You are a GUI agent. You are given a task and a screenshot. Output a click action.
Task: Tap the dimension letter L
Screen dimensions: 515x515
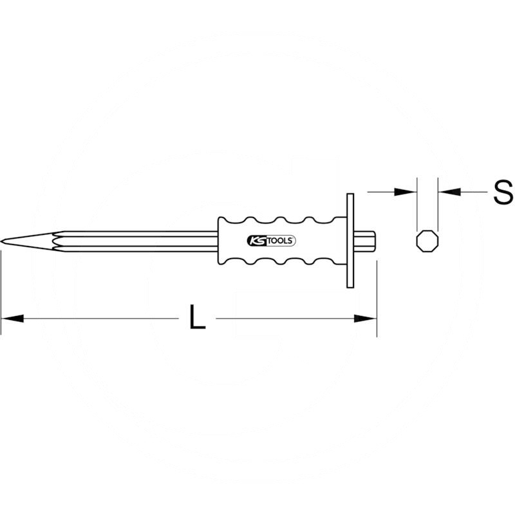(x=198, y=317)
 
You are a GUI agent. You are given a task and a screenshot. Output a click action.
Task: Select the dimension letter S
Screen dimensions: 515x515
(x=502, y=192)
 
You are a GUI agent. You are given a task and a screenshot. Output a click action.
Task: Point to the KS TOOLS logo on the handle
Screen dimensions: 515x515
(x=270, y=241)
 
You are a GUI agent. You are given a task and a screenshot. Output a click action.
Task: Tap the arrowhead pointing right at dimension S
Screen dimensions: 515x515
(x=406, y=191)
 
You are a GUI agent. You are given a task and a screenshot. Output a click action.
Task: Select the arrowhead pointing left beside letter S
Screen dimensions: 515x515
(x=448, y=191)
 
